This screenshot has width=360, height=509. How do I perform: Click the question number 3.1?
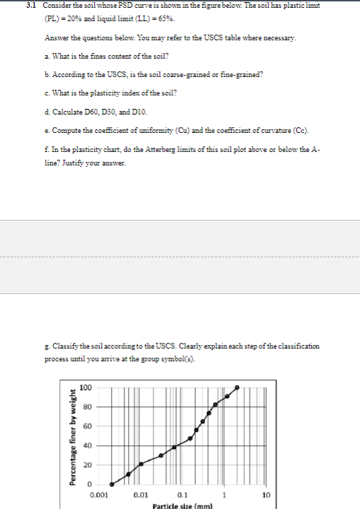(30, 5)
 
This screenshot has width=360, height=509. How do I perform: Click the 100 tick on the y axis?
(85, 387)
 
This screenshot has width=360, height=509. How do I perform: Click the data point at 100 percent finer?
(237, 387)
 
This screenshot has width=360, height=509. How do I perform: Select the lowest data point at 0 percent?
(111, 484)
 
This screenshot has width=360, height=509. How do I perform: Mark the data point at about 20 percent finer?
(141, 464)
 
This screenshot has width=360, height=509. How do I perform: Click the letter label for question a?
(46, 55)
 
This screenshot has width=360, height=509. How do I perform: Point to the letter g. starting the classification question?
(46, 346)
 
